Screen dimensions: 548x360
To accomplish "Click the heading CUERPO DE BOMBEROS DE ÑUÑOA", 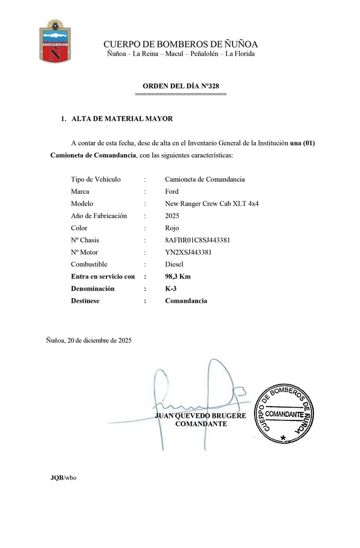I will (x=181, y=44).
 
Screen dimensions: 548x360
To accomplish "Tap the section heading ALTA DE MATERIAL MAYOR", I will (x=122, y=119).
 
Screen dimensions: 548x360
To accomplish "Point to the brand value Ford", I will (x=172, y=191).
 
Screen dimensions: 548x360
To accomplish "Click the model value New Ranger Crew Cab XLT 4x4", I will (x=211, y=203).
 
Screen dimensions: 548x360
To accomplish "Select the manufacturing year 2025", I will (x=172, y=215).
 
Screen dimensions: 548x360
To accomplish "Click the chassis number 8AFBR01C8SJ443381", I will (x=197, y=240).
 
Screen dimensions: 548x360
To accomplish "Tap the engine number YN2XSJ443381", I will (x=188, y=252).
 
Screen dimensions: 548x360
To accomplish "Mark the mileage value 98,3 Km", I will (x=178, y=276).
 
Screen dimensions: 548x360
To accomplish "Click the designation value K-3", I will (x=170, y=289).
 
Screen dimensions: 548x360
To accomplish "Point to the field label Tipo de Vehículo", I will (x=96, y=179).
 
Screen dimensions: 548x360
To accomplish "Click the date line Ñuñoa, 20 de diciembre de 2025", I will (x=89, y=340).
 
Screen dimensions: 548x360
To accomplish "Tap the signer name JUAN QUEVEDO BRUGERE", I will (x=201, y=416).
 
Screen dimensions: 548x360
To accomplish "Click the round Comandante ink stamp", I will (x=285, y=413).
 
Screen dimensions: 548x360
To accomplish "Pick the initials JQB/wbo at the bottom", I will (x=64, y=478).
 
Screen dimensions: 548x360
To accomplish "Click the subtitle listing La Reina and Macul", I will (x=181, y=54).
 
